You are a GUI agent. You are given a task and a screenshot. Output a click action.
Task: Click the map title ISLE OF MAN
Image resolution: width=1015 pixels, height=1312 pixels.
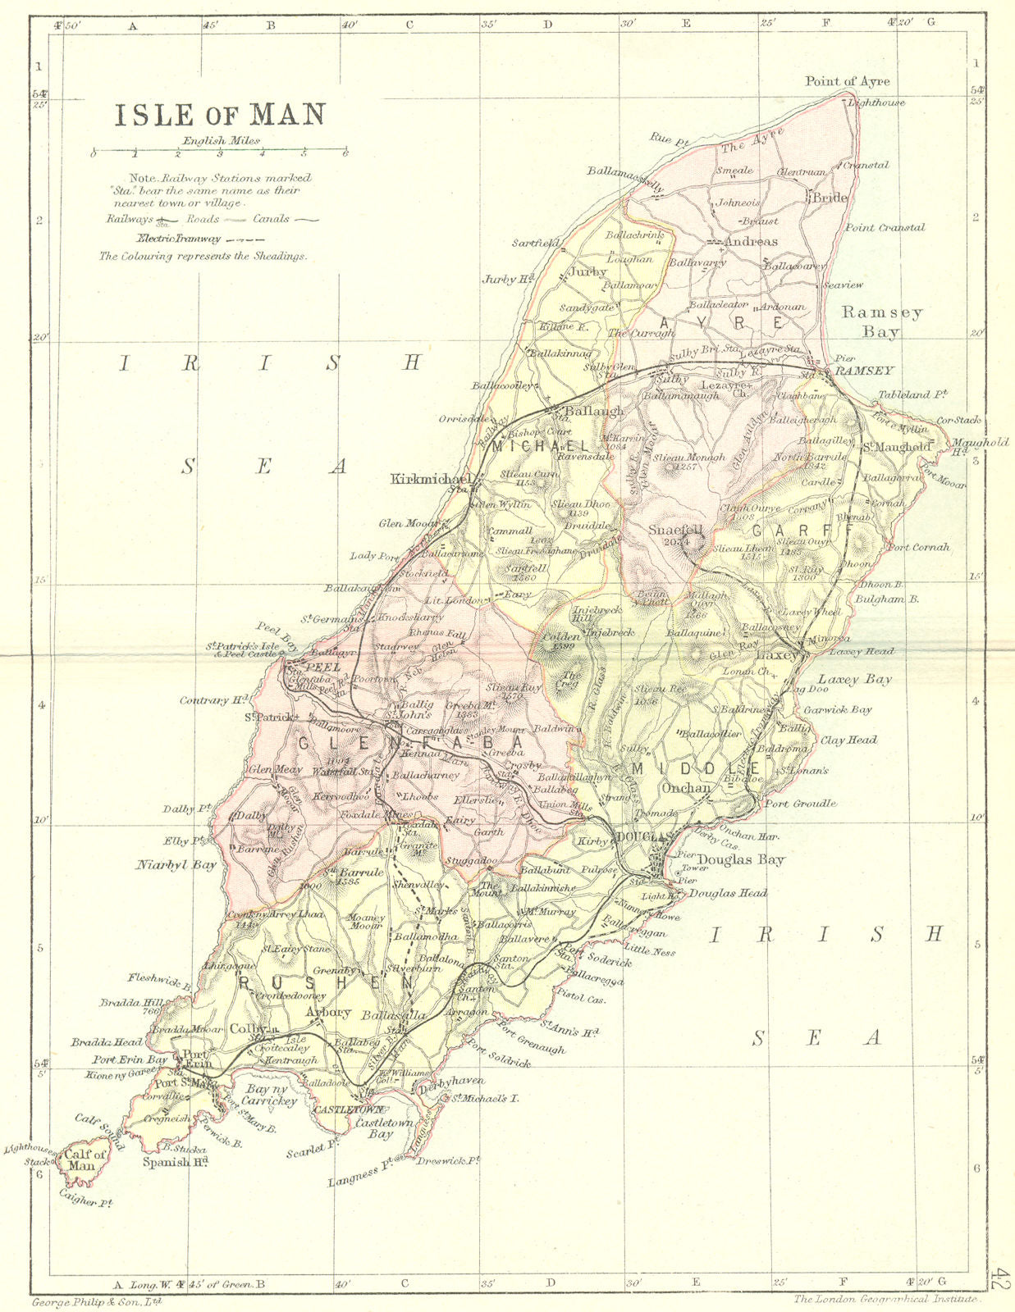tap(219, 115)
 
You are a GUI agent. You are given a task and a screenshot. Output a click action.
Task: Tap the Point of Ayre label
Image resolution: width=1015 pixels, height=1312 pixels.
tap(847, 81)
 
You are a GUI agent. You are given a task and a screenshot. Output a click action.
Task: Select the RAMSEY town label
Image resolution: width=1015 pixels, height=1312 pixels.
tap(863, 371)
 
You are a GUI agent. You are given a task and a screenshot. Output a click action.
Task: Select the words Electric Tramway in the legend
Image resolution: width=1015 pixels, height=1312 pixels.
tap(178, 239)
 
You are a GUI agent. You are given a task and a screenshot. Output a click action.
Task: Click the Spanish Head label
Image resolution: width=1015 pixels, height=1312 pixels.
tap(175, 1162)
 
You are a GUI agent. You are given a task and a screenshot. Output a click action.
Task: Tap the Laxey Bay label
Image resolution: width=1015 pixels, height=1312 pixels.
tap(854, 679)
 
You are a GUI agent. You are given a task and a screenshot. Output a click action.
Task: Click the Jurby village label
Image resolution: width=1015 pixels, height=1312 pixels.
tap(588, 271)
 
